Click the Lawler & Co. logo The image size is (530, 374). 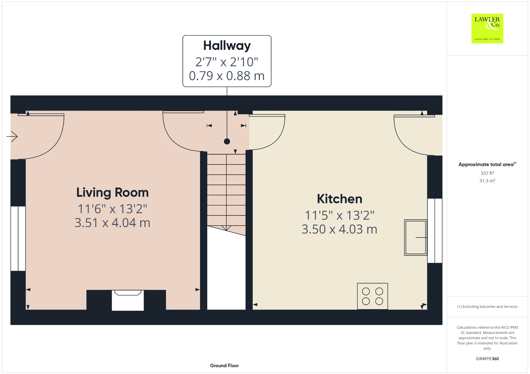click(487, 28)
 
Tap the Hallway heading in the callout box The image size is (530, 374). click(227, 46)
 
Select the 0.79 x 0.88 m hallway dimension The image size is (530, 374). click(227, 76)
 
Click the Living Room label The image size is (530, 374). click(112, 192)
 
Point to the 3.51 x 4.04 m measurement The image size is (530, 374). click(112, 223)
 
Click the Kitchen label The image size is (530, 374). click(339, 199)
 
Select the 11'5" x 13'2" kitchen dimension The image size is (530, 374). click(339, 215)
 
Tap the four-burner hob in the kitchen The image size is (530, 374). click(372, 296)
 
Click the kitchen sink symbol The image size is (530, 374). click(415, 237)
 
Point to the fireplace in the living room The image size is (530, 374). click(128, 300)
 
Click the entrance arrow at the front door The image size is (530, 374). click(12, 136)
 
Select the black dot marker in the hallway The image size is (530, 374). click(227, 141)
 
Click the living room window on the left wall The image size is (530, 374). click(18, 238)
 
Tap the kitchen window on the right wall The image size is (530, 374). click(435, 231)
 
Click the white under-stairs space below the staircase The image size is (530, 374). click(226, 271)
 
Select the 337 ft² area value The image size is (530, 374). click(487, 173)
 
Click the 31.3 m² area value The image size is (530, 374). click(487, 181)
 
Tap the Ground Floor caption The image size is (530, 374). click(224, 365)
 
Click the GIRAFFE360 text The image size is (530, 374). click(487, 359)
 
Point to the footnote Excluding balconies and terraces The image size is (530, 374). click(487, 307)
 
